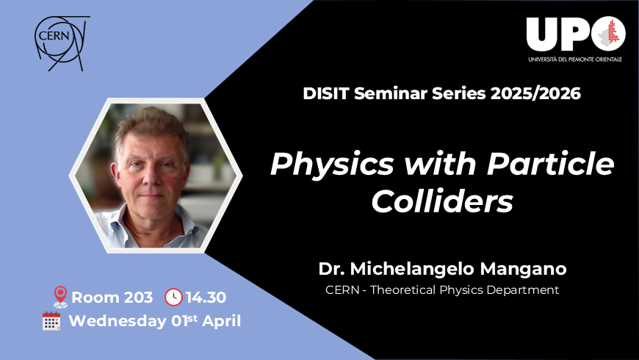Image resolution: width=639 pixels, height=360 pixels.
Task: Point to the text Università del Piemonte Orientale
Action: coord(574,59)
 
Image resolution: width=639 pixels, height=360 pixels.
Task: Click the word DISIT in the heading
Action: coord(324,93)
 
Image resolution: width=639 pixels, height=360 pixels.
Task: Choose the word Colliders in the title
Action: coord(442,200)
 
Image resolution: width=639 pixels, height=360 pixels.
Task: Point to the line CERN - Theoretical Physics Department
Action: coord(442,290)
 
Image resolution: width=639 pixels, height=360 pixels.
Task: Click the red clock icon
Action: coord(173,298)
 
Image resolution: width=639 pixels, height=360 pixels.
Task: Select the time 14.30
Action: coord(206,298)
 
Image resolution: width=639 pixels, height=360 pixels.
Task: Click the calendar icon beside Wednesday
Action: coord(51,321)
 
